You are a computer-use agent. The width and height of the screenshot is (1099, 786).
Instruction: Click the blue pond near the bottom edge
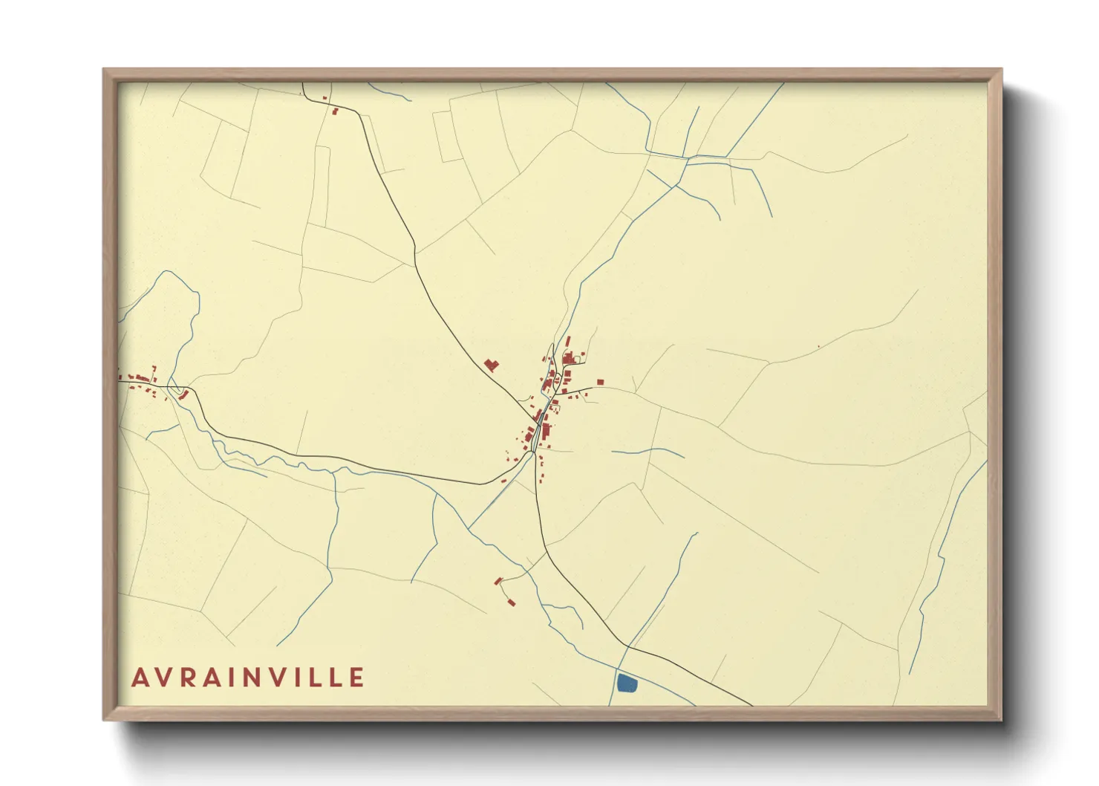627,683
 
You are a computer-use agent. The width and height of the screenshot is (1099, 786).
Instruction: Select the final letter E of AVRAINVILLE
356,678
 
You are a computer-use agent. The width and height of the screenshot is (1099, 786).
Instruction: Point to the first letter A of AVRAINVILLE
140,678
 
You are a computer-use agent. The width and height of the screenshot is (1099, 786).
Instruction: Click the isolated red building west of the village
491,365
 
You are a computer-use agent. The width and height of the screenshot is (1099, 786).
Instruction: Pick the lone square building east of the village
600,383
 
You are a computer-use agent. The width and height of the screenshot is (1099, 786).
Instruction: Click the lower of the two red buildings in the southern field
511,602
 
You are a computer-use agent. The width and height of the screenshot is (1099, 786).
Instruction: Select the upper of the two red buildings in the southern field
498,581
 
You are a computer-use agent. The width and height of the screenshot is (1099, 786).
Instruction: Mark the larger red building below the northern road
335,111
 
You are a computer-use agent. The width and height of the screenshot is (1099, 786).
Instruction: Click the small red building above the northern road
325,97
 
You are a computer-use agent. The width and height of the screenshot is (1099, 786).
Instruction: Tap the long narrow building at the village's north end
567,341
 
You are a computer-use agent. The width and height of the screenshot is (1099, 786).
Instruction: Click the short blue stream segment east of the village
646,451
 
